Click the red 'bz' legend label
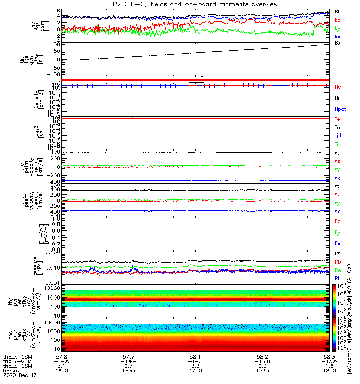click(337, 20)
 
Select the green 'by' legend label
click(337, 29)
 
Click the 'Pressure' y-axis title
click(37, 267)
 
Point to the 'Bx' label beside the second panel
click(337, 43)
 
